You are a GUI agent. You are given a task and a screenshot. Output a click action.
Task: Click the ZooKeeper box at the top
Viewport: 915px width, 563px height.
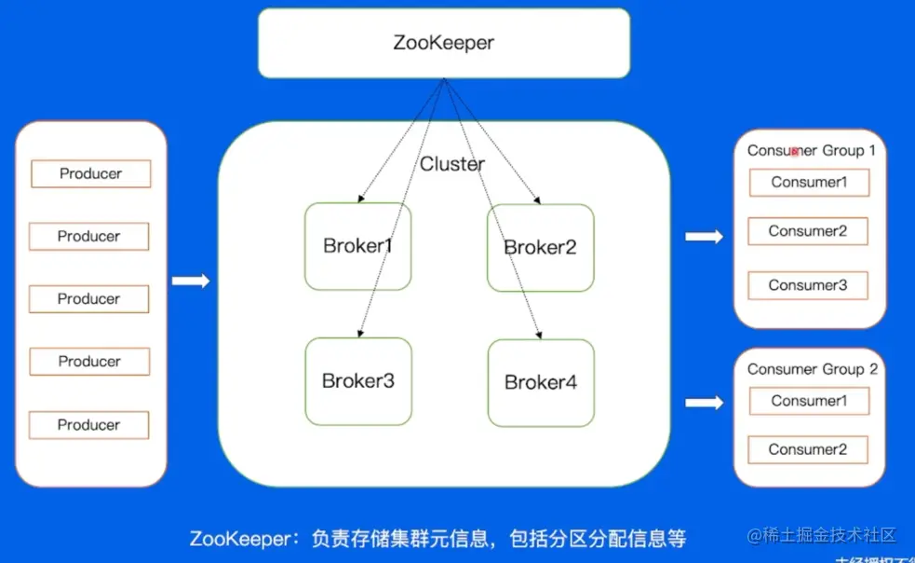(x=443, y=43)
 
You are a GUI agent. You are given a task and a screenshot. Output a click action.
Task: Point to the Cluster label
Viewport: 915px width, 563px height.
(x=452, y=164)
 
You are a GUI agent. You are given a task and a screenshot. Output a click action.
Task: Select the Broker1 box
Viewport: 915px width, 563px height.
(x=357, y=247)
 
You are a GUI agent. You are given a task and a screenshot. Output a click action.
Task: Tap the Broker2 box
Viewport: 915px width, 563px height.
(x=540, y=247)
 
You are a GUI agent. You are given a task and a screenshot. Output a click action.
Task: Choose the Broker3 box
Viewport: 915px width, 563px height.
(x=358, y=381)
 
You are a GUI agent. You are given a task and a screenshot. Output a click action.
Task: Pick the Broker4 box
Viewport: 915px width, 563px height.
(x=541, y=382)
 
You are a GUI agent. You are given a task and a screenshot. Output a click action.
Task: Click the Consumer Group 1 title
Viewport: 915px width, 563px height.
(x=811, y=150)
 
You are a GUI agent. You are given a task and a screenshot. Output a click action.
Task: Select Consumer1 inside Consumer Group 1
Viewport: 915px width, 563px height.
(x=809, y=183)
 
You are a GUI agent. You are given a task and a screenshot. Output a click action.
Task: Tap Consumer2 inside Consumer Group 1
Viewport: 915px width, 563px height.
(x=808, y=231)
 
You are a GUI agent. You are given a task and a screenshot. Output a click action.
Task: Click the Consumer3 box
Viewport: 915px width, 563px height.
(x=808, y=285)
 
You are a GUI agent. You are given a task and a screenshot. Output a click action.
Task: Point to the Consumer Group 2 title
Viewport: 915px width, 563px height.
(x=812, y=369)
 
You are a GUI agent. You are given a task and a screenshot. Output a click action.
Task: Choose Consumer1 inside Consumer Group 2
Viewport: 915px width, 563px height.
(x=809, y=401)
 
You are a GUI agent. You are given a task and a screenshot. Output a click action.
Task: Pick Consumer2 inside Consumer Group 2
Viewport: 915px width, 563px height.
(x=808, y=449)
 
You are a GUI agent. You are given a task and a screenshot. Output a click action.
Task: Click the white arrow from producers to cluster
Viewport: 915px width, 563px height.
(x=191, y=281)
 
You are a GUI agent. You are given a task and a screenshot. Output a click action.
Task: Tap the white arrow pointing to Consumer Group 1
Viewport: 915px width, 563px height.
(x=704, y=237)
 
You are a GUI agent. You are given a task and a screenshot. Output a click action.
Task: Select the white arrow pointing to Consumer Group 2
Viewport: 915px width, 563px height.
(x=704, y=403)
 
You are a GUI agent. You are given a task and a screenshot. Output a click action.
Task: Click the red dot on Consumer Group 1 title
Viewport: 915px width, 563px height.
(x=794, y=150)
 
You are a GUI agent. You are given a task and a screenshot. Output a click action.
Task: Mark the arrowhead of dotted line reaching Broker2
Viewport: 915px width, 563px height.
(x=537, y=199)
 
